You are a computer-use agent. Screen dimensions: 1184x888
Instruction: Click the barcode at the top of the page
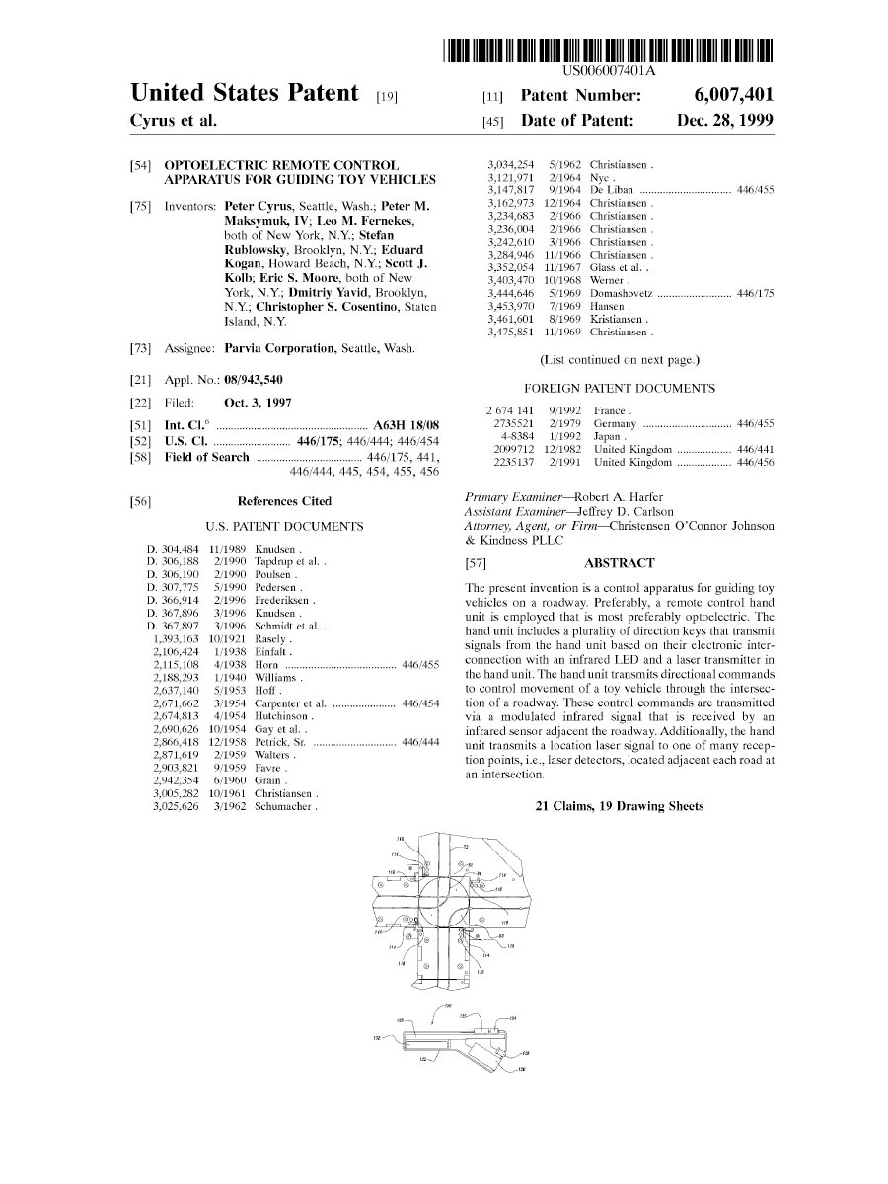(608, 50)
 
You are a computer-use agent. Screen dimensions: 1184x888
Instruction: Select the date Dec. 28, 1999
(725, 121)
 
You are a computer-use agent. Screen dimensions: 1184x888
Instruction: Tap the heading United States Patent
(244, 94)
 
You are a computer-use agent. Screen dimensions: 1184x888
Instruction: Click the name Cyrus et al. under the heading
(173, 121)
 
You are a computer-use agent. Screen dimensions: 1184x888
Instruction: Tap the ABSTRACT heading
(619, 563)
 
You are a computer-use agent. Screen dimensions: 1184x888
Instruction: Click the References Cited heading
(284, 502)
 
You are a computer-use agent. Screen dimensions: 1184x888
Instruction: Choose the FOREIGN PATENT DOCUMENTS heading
(619, 389)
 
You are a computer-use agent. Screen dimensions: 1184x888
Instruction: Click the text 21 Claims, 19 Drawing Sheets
(619, 806)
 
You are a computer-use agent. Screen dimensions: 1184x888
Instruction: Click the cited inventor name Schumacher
(284, 806)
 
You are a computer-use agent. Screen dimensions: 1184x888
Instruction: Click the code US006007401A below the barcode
(609, 71)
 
